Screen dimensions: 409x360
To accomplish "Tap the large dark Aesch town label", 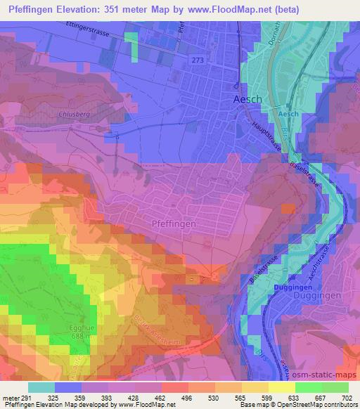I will pyautogui.click(x=247, y=100).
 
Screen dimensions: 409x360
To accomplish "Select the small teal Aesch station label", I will pyautogui.click(x=289, y=114).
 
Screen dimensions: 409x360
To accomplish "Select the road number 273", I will pyautogui.click(x=198, y=61).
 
